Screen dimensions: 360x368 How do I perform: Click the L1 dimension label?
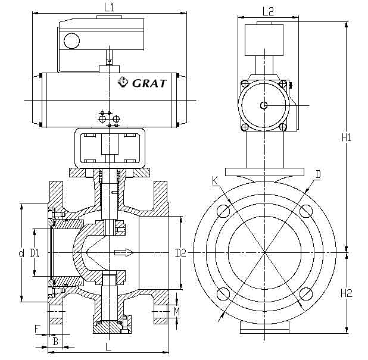tap(109, 8)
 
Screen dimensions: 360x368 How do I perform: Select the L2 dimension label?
tap(267, 11)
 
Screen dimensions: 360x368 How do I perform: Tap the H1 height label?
tap(347, 137)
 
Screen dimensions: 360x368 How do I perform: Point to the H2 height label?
tap(347, 292)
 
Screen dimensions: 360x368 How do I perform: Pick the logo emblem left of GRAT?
tap(123, 82)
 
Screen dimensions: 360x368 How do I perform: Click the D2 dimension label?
tap(181, 253)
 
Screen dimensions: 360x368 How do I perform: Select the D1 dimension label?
tap(35, 253)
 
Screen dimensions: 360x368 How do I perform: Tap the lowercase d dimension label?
tap(21, 253)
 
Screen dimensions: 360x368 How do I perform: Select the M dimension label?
tap(177, 311)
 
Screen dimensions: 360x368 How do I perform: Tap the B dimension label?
tap(55, 342)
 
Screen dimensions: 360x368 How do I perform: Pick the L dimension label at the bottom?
tap(107, 346)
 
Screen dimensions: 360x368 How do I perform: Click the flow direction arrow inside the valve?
tap(124, 253)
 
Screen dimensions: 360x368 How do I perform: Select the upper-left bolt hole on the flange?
tap(224, 211)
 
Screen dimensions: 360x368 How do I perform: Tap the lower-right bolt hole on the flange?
tap(306, 294)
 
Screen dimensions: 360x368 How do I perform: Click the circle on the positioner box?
tap(73, 41)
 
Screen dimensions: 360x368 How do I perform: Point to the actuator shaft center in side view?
tap(264, 105)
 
